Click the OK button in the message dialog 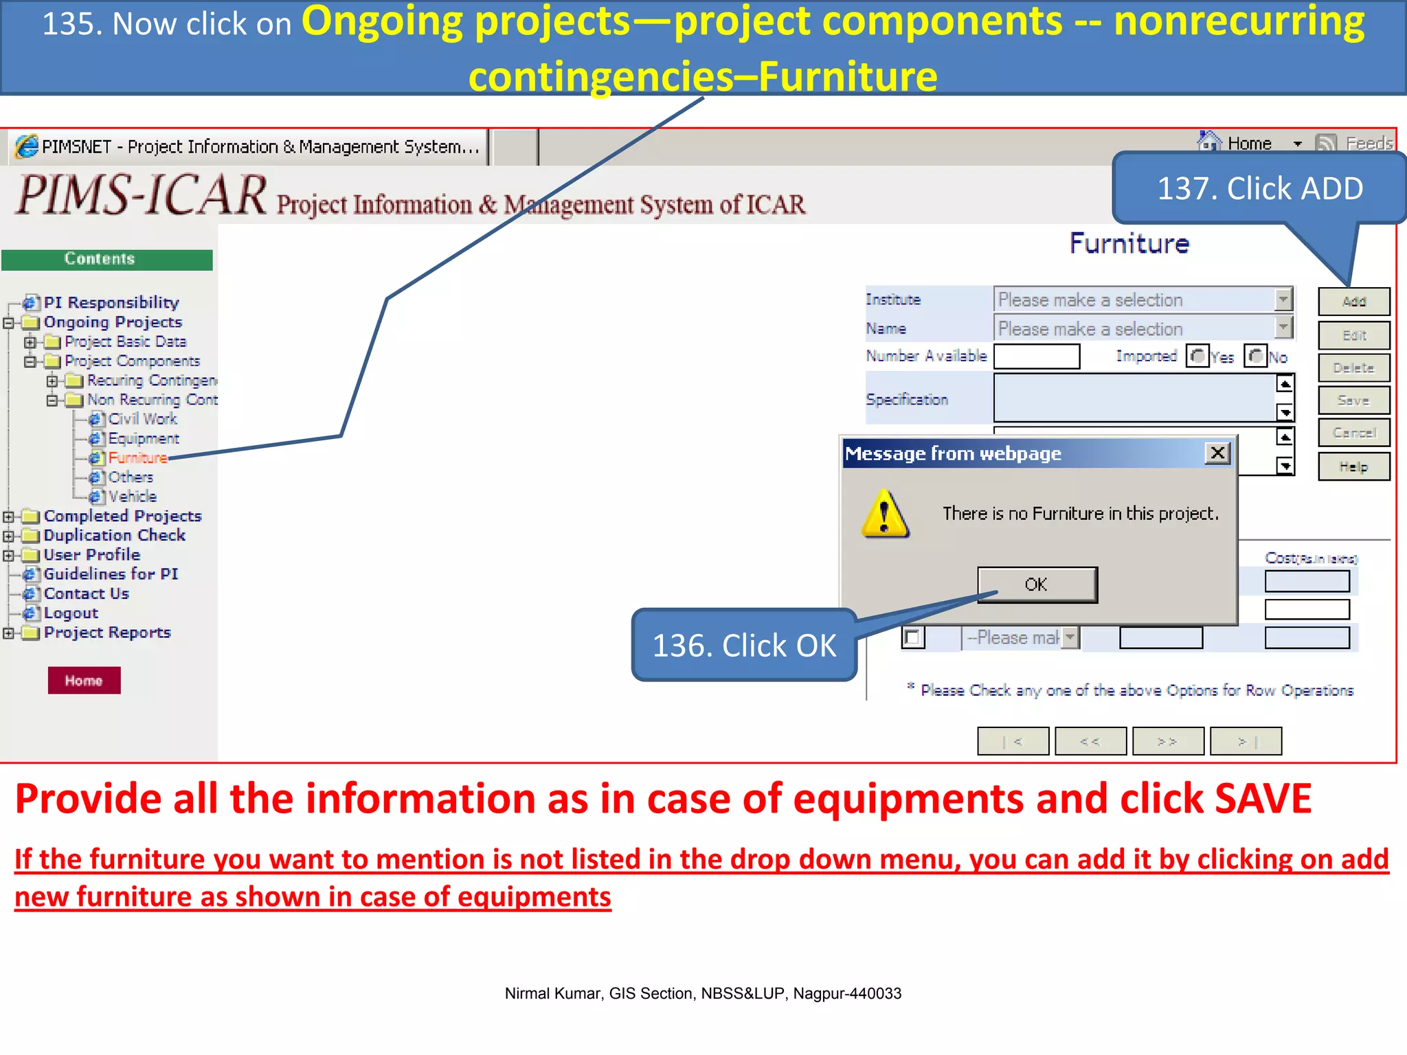point(1037,585)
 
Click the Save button point(1353,400)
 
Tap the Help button point(1353,467)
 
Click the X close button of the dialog point(1217,453)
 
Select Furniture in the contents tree point(137,457)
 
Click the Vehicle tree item point(132,497)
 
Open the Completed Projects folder point(122,516)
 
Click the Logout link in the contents point(71,613)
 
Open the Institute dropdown point(1283,299)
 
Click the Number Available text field point(1037,356)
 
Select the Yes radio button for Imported point(1197,356)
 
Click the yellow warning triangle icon point(885,515)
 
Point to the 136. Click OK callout point(744,645)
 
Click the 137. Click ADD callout point(1259,188)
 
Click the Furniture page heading point(1129,244)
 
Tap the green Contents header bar point(106,260)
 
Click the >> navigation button point(1167,741)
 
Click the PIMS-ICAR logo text point(142,195)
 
